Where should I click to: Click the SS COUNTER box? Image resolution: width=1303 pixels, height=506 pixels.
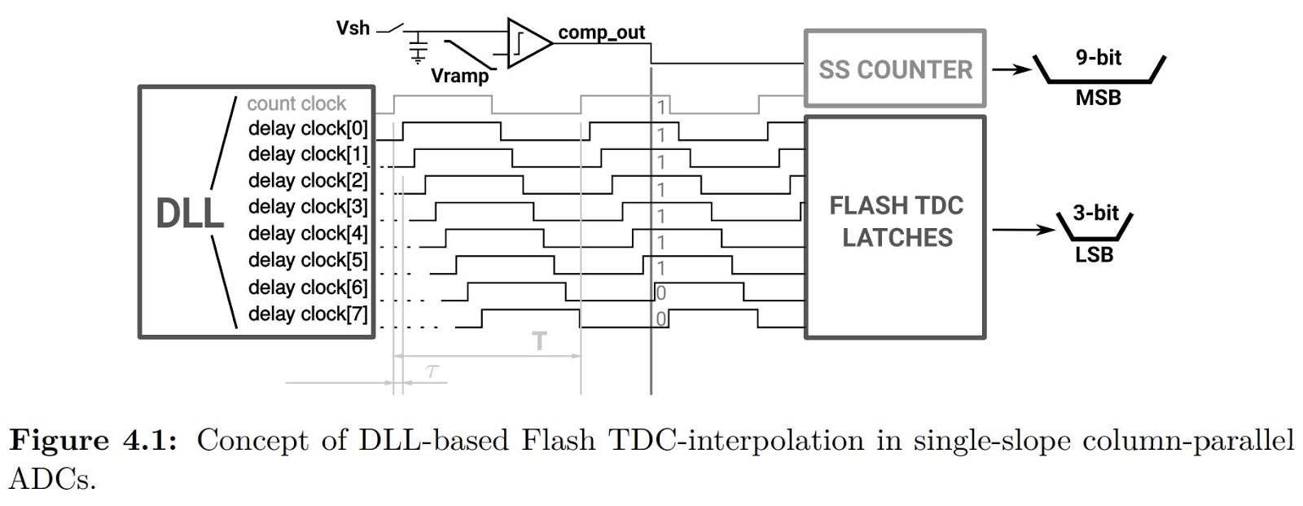894,69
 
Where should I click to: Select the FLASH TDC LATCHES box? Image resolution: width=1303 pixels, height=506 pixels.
895,227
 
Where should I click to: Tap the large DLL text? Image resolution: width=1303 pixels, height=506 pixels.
189,213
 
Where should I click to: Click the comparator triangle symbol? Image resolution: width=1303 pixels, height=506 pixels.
527,42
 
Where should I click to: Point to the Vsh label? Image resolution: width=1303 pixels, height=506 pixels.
353,29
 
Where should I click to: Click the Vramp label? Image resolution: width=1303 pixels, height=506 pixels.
459,77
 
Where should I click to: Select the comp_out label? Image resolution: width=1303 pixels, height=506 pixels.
601,33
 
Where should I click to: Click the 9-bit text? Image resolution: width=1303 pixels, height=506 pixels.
1098,57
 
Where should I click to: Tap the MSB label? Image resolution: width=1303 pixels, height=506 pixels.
1098,98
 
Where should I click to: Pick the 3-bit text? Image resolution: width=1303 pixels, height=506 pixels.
1095,213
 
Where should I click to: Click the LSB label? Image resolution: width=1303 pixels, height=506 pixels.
1094,255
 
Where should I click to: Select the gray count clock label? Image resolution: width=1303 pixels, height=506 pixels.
296,104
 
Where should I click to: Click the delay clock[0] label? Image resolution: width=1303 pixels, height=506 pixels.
308,129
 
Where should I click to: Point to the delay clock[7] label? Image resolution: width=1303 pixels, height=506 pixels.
308,314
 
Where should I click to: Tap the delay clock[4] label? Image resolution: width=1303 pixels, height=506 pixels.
308,234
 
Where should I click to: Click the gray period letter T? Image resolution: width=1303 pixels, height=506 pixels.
539,341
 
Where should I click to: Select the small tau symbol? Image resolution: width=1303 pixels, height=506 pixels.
432,372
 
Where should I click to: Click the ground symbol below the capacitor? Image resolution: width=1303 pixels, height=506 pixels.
418,58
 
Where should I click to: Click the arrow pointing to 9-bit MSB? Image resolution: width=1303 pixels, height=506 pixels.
1010,69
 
